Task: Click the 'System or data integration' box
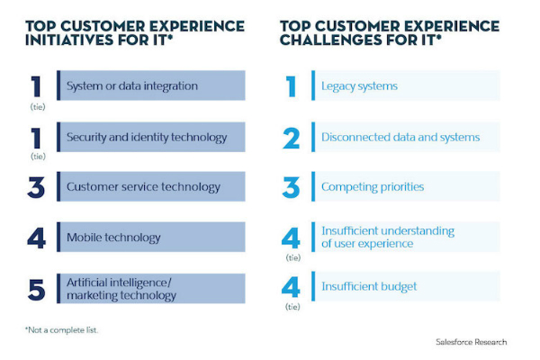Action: click(150, 86)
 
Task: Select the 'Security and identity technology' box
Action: click(150, 137)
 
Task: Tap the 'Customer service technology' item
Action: click(150, 187)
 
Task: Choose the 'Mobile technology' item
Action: click(150, 238)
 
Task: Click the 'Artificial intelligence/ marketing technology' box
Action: click(150, 289)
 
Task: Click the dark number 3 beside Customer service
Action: click(36, 188)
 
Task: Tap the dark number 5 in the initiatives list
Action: click(36, 290)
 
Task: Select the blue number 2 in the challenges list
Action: click(291, 138)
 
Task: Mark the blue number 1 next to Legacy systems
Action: click(291, 86)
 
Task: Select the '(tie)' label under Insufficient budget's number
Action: click(291, 305)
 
